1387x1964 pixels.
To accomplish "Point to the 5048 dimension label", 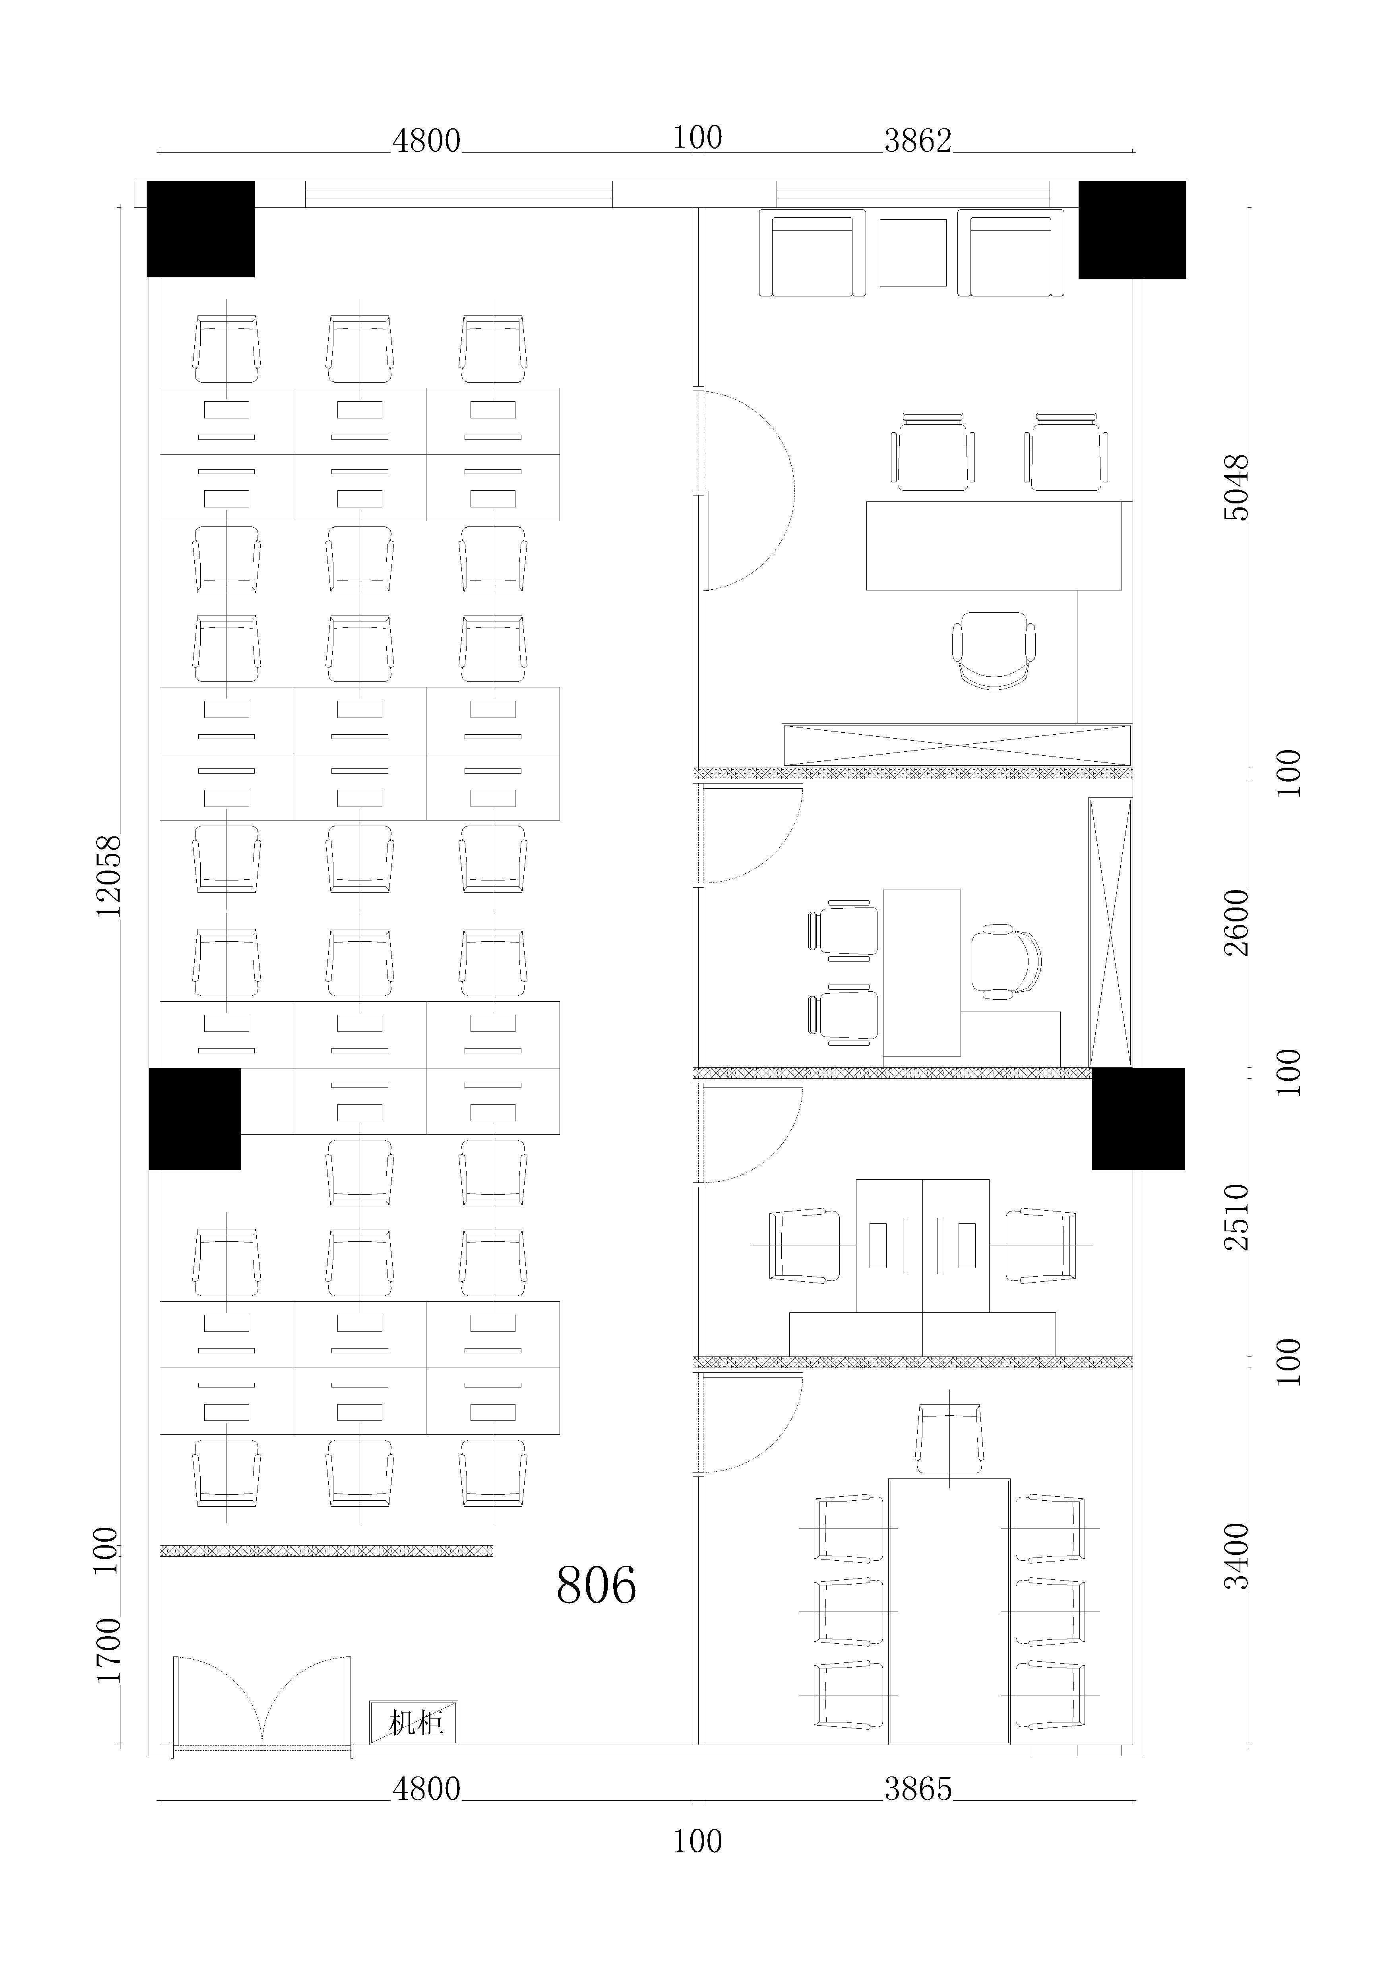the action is pos(1236,488).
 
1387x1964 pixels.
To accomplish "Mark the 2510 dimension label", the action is pos(1236,1217).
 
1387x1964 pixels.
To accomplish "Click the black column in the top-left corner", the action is pos(201,229).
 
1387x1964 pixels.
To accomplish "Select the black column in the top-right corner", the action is pos(1132,230).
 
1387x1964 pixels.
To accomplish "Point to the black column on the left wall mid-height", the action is pos(195,1119).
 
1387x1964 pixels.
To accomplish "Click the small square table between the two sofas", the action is pos(913,253).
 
